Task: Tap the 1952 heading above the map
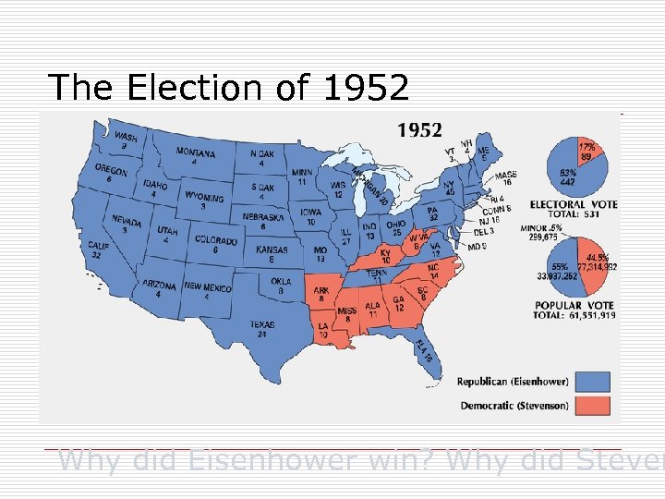pos(419,130)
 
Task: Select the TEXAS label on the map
pos(261,324)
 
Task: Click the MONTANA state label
pos(196,152)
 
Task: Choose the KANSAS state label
pos(272,249)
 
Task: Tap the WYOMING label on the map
pos(203,198)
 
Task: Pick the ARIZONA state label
pos(159,286)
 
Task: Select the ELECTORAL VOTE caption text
pos(574,203)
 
